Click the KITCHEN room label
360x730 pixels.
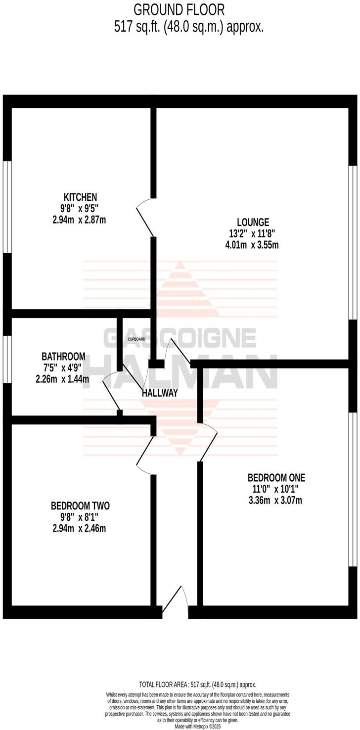coord(80,197)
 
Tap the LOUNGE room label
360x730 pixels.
coord(252,222)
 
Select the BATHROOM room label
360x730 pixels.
coord(63,357)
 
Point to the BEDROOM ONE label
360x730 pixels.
coord(276,478)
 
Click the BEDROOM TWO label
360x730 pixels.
coord(80,506)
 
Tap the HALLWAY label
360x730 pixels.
coord(160,393)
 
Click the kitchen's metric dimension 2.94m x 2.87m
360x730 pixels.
coord(79,220)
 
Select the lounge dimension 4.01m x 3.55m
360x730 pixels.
coord(252,245)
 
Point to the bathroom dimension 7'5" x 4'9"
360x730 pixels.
coord(63,368)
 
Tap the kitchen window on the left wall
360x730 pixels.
coord(7,207)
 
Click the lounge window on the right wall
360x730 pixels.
coord(353,242)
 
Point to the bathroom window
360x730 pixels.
coord(7,359)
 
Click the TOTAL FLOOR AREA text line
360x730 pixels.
coord(198,685)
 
